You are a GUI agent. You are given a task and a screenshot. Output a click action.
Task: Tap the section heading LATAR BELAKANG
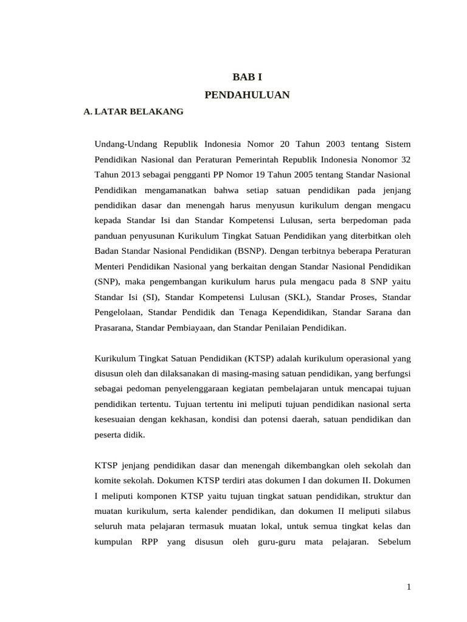click(134, 112)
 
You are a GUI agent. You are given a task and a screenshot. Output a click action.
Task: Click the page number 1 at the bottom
click(409, 587)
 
